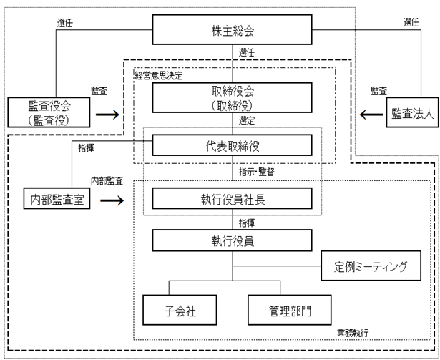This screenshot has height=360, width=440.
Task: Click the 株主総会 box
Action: tap(232, 29)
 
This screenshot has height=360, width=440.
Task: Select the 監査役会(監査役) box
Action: tap(49, 112)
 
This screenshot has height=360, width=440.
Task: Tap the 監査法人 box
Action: tap(412, 112)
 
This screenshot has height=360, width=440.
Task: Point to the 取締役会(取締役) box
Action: tap(232, 98)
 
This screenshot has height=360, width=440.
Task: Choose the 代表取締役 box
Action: tap(232, 145)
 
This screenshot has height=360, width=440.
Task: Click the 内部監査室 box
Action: tap(57, 198)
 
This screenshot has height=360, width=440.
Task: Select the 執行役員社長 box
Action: tap(232, 198)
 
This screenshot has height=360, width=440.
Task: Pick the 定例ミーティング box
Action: tap(371, 266)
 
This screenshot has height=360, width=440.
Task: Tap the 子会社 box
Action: tap(180, 310)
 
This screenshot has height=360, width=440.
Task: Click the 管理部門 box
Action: tap(290, 310)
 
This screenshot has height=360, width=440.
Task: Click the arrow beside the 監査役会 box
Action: tap(107, 115)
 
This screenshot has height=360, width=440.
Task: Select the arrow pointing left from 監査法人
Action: tap(371, 115)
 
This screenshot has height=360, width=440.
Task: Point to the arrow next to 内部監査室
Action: tap(112, 200)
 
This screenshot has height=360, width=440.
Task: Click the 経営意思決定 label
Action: tap(159, 76)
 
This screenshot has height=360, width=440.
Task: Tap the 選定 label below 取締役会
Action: tap(247, 121)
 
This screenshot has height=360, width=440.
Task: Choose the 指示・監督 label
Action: tap(256, 172)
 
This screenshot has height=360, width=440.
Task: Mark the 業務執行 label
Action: tap(353, 333)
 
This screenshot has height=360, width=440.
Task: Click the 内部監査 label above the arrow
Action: tap(107, 181)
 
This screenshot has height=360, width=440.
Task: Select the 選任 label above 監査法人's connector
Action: tap(411, 22)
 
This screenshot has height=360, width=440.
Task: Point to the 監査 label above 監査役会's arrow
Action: tap(99, 91)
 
